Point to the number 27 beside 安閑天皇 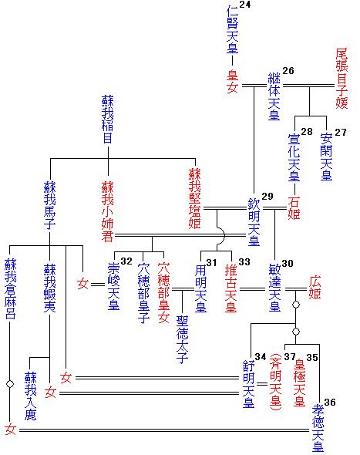[340, 133]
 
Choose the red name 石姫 [294, 208]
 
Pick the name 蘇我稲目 [109, 120]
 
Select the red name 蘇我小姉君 [109, 209]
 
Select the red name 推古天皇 [231, 288]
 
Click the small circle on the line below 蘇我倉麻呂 [11, 383]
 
